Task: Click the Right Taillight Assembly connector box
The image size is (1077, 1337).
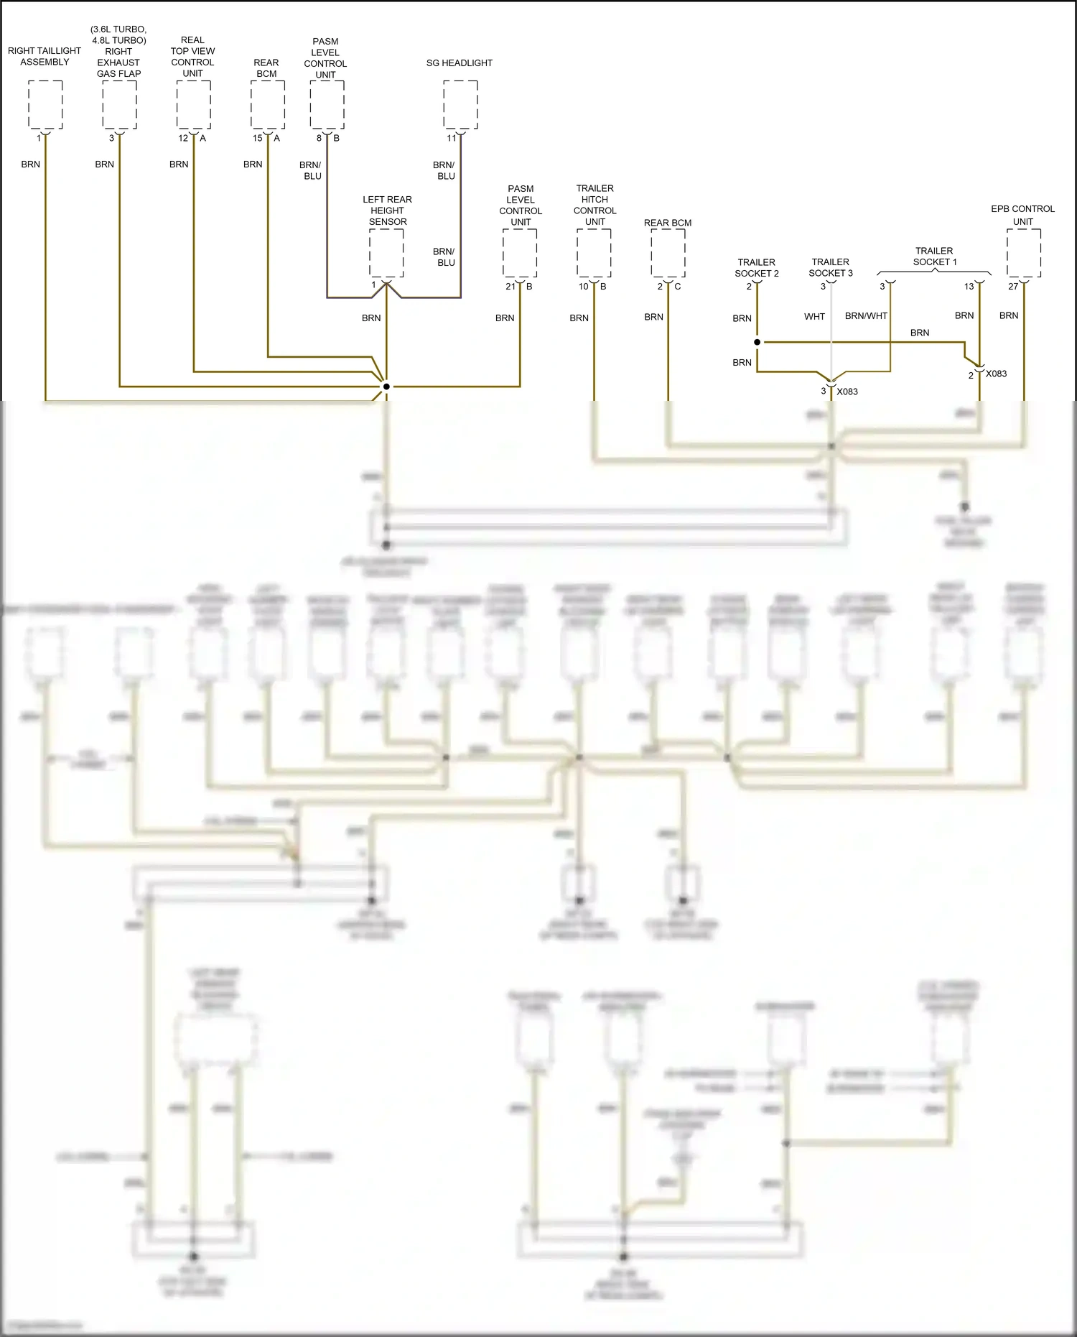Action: [x=45, y=105]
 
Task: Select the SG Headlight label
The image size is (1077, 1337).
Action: [x=459, y=63]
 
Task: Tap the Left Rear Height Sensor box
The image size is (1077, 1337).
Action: [x=386, y=253]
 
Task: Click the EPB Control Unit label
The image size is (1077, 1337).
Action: [x=1022, y=215]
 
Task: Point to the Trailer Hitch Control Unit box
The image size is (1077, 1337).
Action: [x=594, y=253]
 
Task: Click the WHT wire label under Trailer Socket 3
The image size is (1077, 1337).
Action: [x=814, y=316]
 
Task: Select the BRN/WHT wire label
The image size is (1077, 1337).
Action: [x=866, y=316]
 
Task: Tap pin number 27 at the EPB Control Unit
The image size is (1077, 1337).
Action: [x=1012, y=286]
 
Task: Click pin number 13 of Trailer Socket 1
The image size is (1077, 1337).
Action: [x=969, y=286]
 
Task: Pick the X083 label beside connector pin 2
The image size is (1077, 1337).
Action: [x=996, y=374]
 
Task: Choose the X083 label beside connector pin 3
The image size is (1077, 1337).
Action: [x=847, y=392]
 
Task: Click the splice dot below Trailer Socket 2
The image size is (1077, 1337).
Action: [x=757, y=342]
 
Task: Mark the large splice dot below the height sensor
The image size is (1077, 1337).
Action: [x=386, y=387]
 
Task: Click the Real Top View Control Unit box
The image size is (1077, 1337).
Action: [x=194, y=105]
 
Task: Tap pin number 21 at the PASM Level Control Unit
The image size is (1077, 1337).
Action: [x=510, y=286]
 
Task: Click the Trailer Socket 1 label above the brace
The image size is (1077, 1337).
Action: [x=934, y=256]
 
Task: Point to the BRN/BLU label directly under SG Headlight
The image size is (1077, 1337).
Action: [x=445, y=170]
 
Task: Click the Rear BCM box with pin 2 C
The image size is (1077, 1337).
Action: [x=668, y=253]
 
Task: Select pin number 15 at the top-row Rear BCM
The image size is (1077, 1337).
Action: [x=257, y=138]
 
